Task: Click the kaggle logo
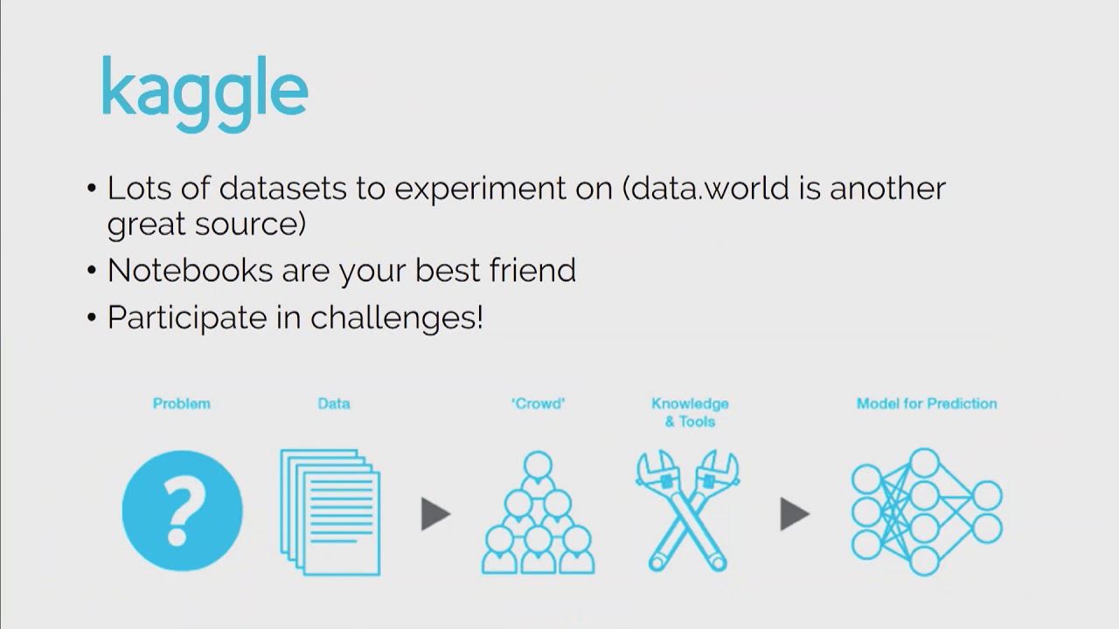[x=205, y=93]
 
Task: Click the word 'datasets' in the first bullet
[x=282, y=188]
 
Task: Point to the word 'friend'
[x=532, y=270]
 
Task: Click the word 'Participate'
[x=187, y=317]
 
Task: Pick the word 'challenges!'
[x=397, y=317]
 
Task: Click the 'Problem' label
[x=181, y=404]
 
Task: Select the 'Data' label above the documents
[x=334, y=404]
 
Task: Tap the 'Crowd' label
[x=538, y=404]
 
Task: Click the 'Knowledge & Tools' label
[x=690, y=412]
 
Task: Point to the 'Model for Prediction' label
[x=927, y=404]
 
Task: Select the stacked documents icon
[x=330, y=512]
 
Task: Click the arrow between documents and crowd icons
[x=435, y=514]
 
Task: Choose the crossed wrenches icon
[x=687, y=510]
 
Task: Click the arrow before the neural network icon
[x=795, y=514]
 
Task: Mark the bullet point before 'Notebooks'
[x=92, y=271]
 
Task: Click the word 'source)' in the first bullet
[x=250, y=225]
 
